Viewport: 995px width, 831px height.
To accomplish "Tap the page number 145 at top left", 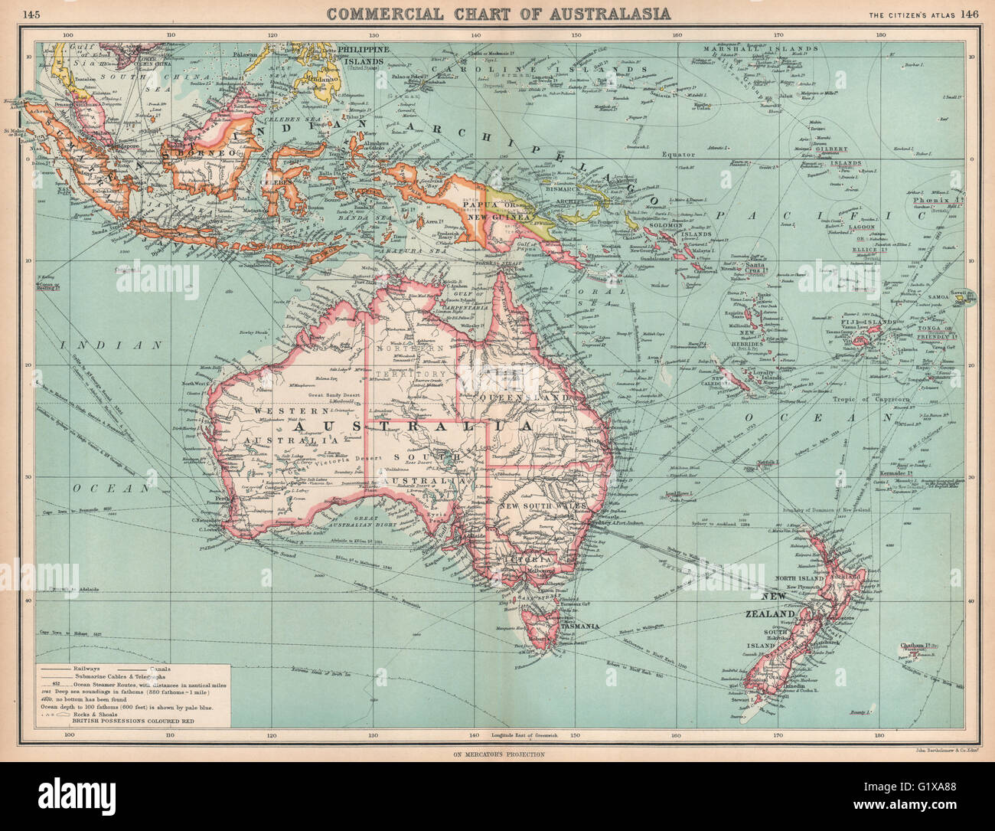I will [x=33, y=13].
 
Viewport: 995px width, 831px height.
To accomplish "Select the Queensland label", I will [x=524, y=399].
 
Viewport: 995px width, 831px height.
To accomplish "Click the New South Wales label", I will [x=542, y=506].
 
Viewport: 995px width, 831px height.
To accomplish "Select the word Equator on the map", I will [x=678, y=154].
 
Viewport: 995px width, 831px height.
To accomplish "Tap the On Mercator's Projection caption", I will [x=497, y=754].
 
